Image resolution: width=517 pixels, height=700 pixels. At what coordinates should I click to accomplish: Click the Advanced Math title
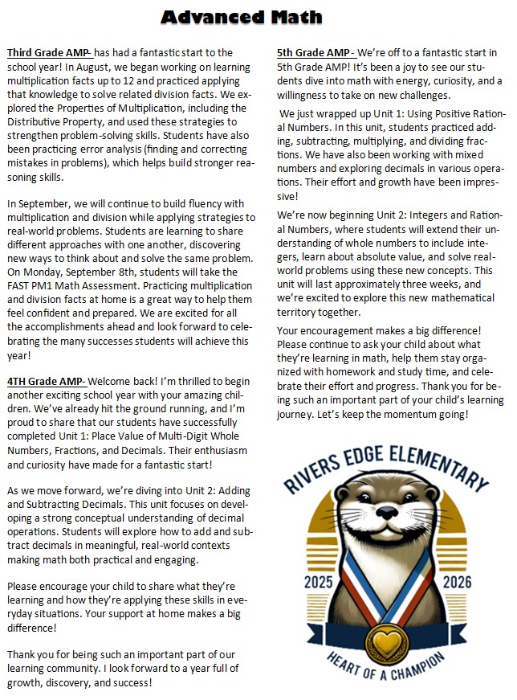(x=242, y=17)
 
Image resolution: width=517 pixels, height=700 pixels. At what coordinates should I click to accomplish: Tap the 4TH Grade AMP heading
(x=45, y=380)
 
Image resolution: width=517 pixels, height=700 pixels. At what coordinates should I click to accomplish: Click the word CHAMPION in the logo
(x=436, y=666)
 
